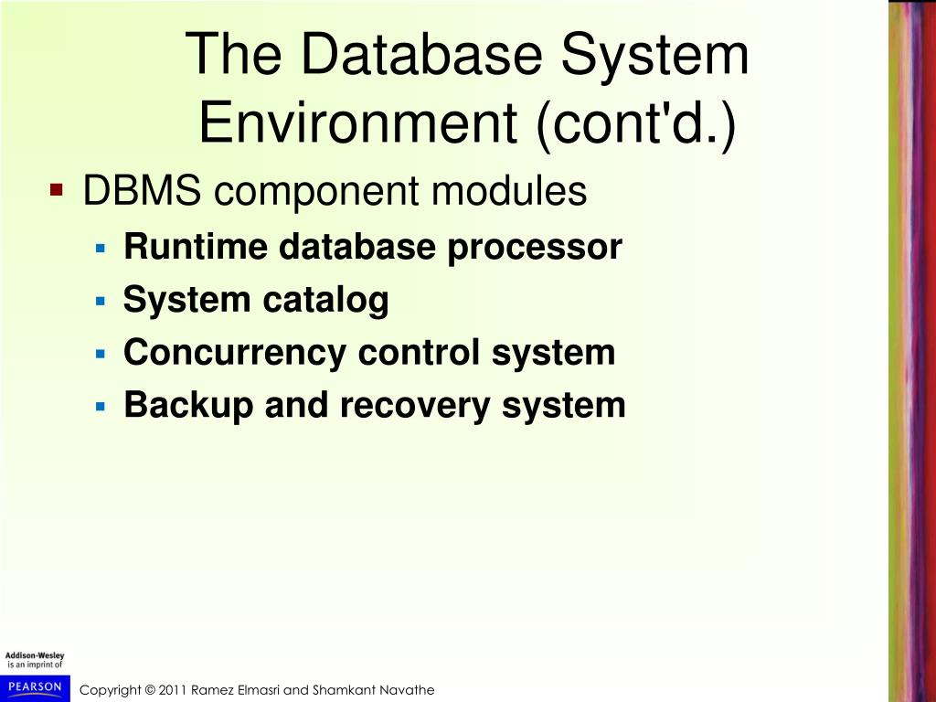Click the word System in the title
point(654,55)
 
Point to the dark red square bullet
point(57,191)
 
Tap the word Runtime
point(183,247)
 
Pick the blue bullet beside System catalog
point(101,300)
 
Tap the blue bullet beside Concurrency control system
point(101,353)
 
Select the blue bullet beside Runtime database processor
point(101,247)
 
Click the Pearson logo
point(35,687)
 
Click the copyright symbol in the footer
point(150,690)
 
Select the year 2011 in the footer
point(173,690)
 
